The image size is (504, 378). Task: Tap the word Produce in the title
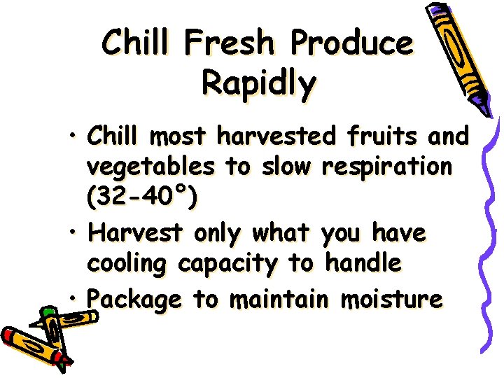click(x=352, y=43)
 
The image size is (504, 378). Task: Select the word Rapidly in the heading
click(x=258, y=83)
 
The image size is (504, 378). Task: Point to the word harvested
click(x=277, y=137)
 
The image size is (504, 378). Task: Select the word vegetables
click(x=150, y=169)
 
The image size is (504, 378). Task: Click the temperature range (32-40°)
click(x=142, y=199)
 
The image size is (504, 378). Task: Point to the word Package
click(x=134, y=300)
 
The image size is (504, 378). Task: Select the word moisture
click(x=391, y=300)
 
